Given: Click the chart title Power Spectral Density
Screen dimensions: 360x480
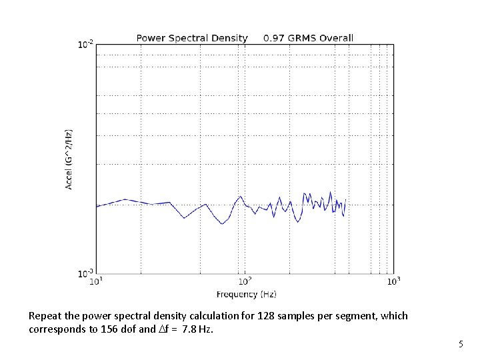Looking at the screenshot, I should [192, 38].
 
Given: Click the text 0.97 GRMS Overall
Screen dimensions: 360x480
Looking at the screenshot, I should [308, 38].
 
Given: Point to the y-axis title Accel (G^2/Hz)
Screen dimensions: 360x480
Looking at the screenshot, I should [69, 159].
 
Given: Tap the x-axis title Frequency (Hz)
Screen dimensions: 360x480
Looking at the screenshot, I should [246, 294].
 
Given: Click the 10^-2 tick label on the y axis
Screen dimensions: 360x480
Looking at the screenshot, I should [85, 45].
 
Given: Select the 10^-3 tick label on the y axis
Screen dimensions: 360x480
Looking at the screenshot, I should [85, 273].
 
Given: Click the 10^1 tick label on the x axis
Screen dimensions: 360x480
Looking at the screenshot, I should [97, 282].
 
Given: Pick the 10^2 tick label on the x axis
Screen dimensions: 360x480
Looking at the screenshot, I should [245, 282].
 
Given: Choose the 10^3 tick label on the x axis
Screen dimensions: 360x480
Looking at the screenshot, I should [393, 282].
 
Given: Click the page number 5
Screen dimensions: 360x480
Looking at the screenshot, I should [460, 344].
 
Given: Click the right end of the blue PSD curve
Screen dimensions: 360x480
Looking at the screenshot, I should [345, 199].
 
